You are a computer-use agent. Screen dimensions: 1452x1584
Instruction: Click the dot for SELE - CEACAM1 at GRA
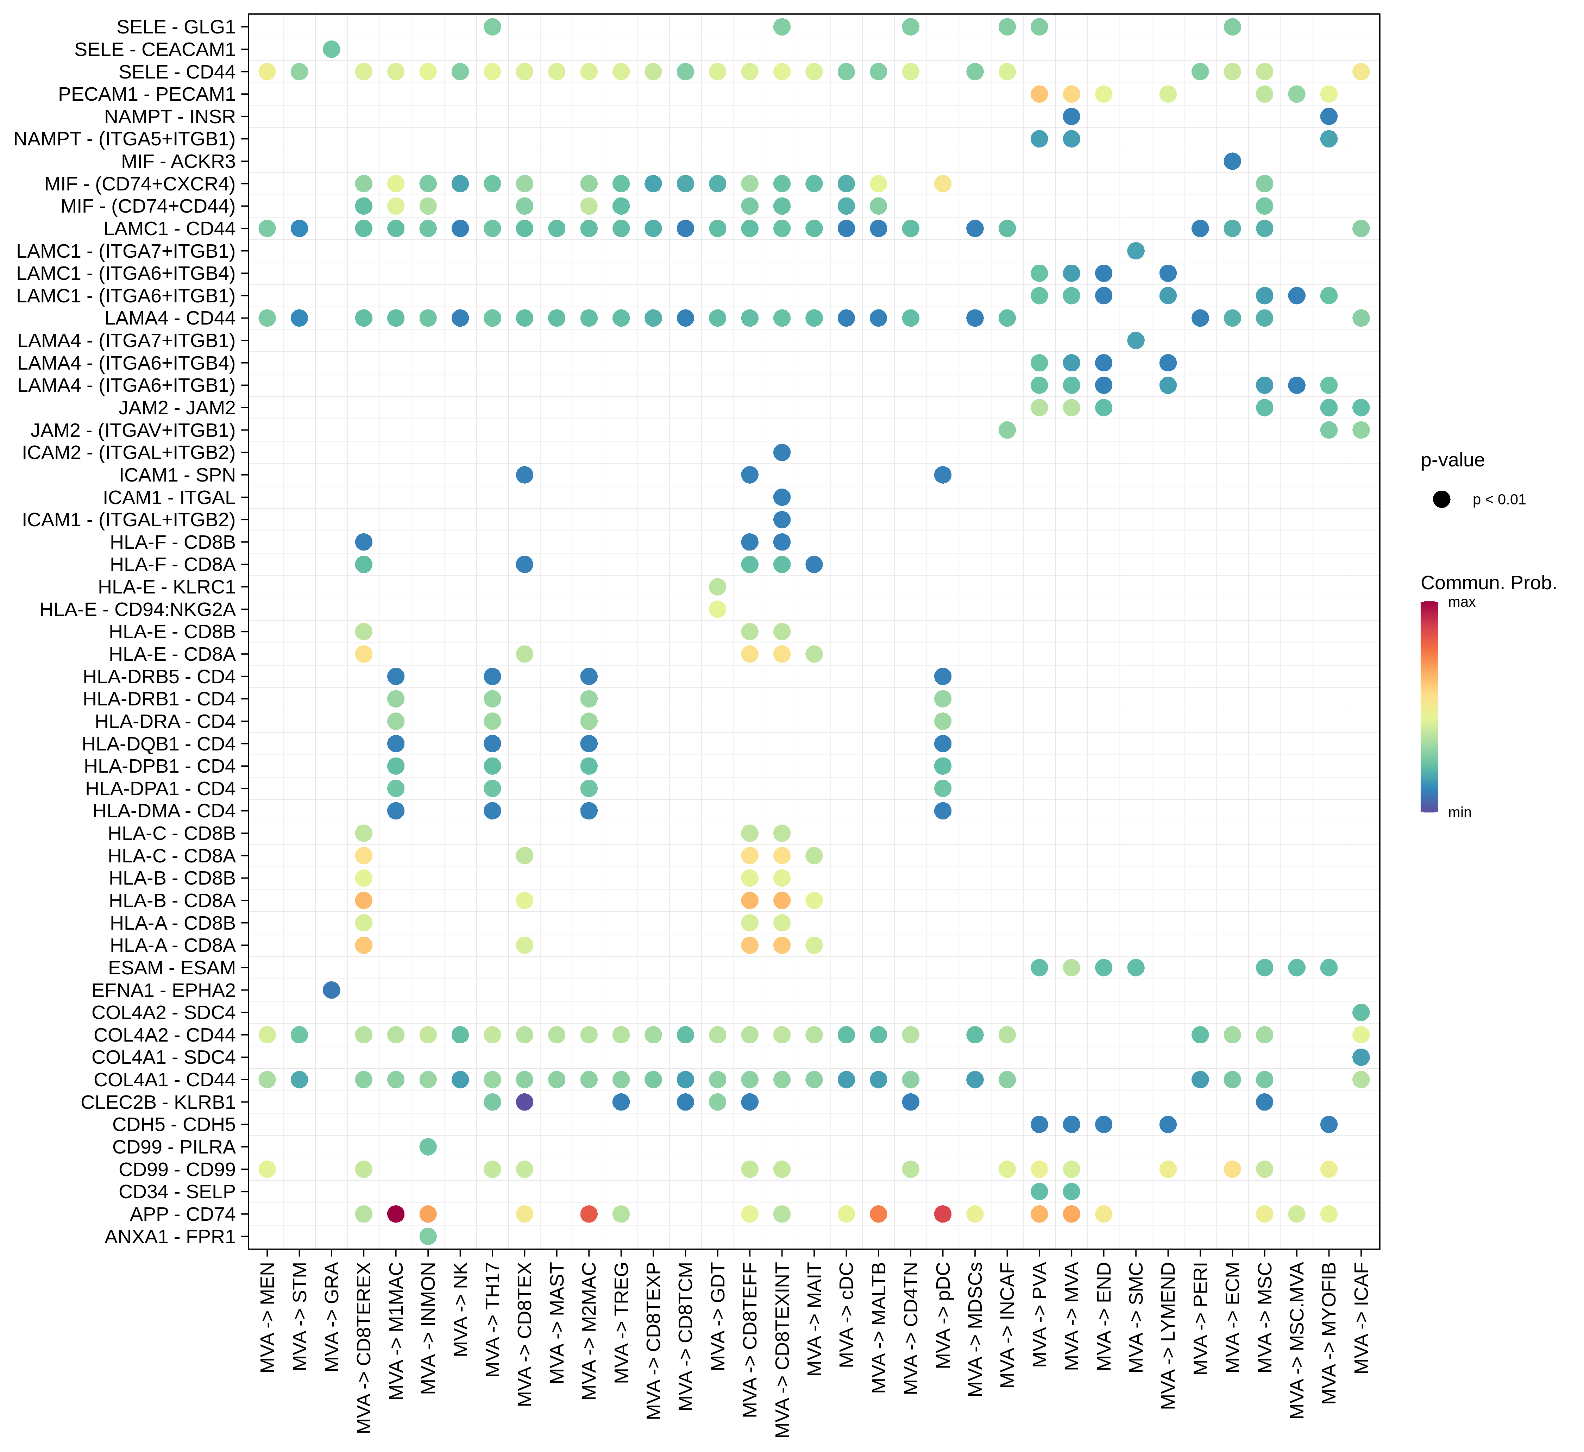[x=332, y=50]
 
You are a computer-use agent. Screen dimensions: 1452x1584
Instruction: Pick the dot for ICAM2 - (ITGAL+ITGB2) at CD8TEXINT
[x=782, y=453]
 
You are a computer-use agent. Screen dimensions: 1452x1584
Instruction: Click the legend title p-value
[x=1452, y=460]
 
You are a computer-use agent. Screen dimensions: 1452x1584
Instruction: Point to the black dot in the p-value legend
[x=1442, y=500]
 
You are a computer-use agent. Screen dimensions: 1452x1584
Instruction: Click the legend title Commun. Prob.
[x=1488, y=583]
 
